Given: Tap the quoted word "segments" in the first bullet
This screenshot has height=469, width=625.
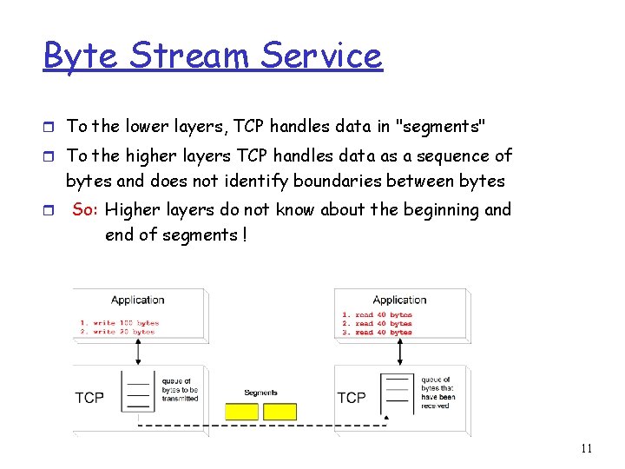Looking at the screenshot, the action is [x=440, y=127].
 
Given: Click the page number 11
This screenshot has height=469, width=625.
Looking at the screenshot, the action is [x=586, y=448].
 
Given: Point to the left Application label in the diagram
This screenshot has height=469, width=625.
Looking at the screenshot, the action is [x=137, y=300].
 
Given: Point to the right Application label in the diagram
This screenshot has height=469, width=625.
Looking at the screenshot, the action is [x=398, y=300].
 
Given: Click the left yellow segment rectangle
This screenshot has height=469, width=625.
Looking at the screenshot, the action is [x=242, y=411].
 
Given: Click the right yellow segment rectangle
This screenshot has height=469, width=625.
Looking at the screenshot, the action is [x=280, y=411].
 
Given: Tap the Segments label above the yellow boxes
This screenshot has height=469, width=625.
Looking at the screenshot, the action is [x=260, y=393].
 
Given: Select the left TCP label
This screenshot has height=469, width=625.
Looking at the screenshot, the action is [x=89, y=397].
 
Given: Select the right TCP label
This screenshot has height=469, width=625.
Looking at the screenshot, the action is [x=351, y=397].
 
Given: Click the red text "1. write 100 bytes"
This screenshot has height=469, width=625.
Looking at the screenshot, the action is [x=121, y=322].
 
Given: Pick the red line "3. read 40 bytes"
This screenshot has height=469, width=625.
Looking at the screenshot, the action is [x=377, y=332].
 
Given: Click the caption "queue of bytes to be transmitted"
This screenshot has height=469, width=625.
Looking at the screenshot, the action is [x=180, y=389].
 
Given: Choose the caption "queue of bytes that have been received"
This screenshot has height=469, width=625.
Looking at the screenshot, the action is [x=437, y=393].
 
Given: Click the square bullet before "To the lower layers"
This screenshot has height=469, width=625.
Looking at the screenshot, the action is [x=49, y=127].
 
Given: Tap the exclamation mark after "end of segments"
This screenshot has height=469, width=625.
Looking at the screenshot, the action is [x=244, y=235].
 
